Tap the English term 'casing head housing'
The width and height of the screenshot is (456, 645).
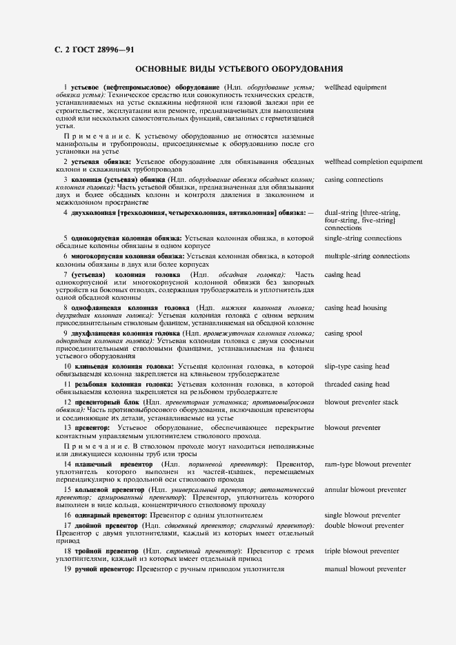click(355, 308)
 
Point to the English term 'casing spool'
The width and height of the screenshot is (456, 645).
click(343, 334)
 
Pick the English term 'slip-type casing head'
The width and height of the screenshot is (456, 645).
click(357, 367)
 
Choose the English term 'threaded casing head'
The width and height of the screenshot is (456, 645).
click(357, 385)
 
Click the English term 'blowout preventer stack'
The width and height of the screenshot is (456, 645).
click(361, 402)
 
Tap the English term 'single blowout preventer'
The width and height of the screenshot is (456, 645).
click(362, 515)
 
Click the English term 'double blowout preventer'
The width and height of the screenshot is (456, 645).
click(364, 526)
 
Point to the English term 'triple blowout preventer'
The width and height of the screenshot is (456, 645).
click(361, 551)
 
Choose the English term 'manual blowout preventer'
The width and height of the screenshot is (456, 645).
click(365, 569)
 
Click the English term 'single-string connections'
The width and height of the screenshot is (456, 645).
click(362, 238)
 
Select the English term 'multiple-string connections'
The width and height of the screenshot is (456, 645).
click(367, 256)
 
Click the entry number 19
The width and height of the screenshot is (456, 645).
click(68, 569)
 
